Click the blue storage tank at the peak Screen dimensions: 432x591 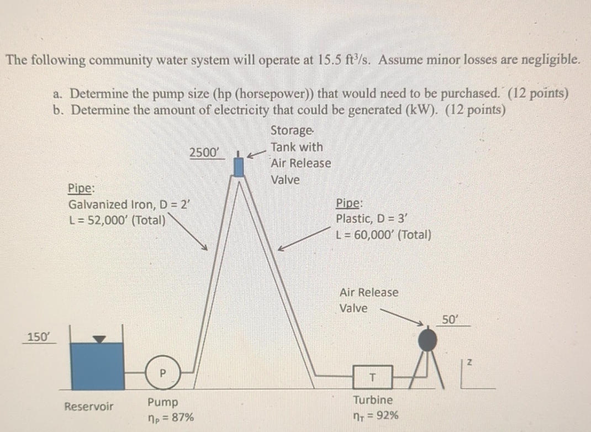coord(239,165)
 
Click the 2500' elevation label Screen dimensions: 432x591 coord(204,152)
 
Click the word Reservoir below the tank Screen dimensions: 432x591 coord(89,407)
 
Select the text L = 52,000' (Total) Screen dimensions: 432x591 coord(118,220)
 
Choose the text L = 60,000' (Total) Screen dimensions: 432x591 coord(384,234)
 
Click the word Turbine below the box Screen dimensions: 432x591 coord(373,400)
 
